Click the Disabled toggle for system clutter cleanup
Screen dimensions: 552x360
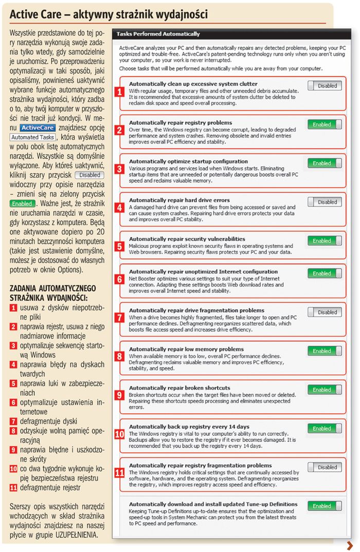click(x=325, y=86)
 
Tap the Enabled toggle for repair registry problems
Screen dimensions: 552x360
click(x=325, y=124)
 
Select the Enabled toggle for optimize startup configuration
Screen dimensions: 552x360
click(x=325, y=163)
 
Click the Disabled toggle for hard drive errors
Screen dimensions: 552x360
click(x=325, y=202)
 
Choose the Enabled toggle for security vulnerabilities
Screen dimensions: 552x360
click(x=325, y=241)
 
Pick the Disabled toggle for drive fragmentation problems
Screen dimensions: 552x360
click(x=325, y=312)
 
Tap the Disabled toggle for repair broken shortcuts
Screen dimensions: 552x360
click(x=325, y=390)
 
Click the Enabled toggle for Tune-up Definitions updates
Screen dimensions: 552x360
click(x=325, y=506)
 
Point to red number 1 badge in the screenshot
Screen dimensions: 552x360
click(x=119, y=93)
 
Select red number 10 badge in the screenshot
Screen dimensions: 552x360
click(x=119, y=434)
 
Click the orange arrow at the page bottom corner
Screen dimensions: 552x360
click(x=350, y=545)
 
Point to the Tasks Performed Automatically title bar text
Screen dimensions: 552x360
click(x=158, y=34)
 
